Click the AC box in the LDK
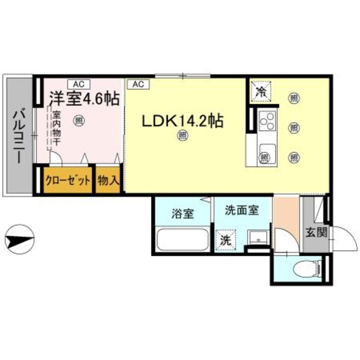pos(137,84)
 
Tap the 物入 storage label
pos(108,180)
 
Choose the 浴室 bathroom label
pos(183,213)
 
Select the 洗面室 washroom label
pos(242,210)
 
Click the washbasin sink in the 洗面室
pos(257,237)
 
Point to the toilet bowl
pos(307,268)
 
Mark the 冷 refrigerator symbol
pos(260,90)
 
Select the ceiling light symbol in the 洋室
pos(79,121)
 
